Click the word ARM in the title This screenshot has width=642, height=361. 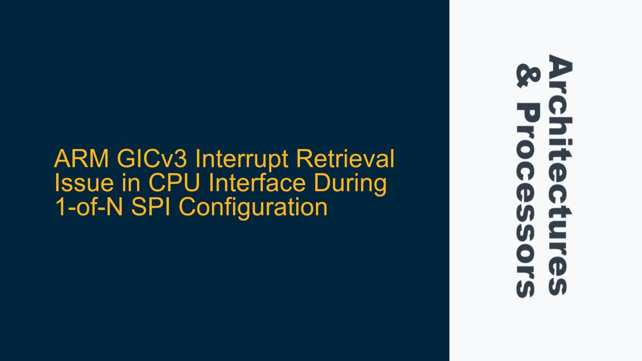coord(82,159)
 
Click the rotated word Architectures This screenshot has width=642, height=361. coord(560,175)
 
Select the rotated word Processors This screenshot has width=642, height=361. coord(529,201)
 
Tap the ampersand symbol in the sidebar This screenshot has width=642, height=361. coord(529,76)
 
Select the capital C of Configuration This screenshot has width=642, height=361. coord(188,208)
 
